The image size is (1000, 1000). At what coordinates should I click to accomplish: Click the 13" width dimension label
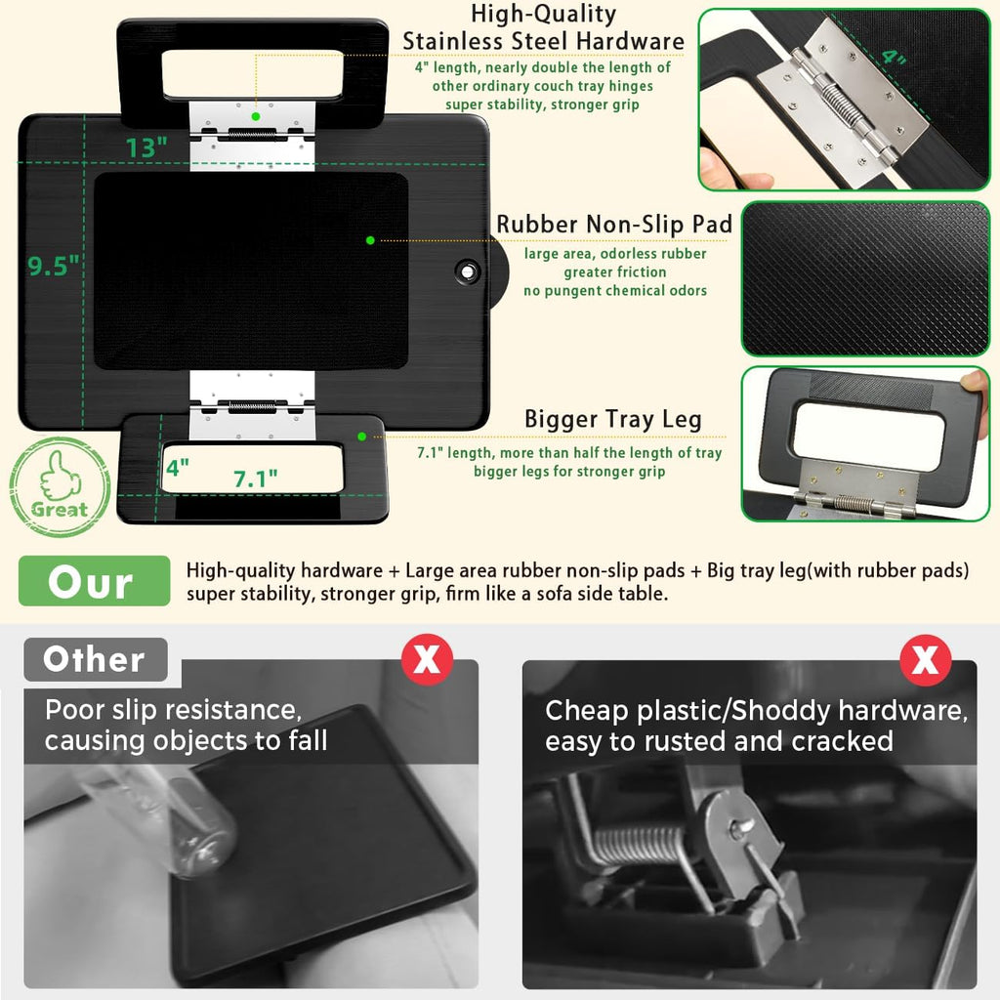[x=146, y=148]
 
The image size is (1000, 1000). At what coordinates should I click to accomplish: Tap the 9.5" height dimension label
[x=54, y=266]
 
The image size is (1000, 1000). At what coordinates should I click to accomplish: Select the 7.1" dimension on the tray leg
[x=255, y=479]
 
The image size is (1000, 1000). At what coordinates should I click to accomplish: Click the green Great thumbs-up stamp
[x=60, y=486]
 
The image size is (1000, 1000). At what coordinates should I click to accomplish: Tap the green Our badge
[x=95, y=581]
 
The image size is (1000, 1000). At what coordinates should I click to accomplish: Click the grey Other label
[x=96, y=659]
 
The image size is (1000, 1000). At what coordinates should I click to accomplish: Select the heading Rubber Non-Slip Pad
[x=614, y=225]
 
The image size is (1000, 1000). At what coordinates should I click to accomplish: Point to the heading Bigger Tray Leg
[x=613, y=420]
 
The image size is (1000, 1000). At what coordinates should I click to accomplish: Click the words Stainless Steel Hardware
[x=543, y=41]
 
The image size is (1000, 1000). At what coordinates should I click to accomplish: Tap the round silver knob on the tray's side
[x=468, y=271]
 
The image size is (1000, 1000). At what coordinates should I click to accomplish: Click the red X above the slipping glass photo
[x=427, y=659]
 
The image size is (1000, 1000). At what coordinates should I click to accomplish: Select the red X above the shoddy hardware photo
[x=926, y=659]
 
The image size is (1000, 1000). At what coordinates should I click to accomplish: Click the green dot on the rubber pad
[x=370, y=240]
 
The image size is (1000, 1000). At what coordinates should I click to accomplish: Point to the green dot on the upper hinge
[x=256, y=116]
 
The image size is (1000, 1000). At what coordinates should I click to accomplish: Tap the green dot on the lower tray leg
[x=361, y=437]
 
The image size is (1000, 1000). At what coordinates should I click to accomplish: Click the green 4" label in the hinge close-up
[x=895, y=58]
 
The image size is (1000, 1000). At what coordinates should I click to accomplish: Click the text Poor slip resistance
[x=174, y=710]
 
